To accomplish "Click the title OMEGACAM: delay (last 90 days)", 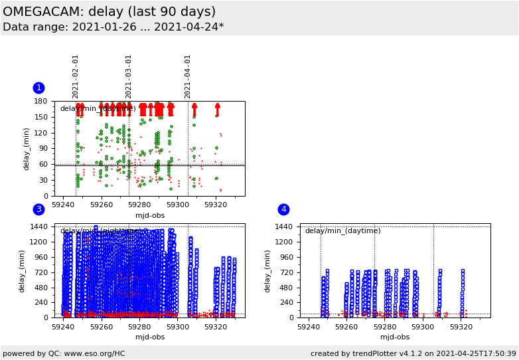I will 109,12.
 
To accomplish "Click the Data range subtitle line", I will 113,27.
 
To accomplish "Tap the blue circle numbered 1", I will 38,88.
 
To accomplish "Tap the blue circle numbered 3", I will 38,209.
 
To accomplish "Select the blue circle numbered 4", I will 283,209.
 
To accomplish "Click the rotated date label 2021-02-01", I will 76,76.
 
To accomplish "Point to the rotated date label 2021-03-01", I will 129,76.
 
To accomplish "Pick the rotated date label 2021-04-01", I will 188,76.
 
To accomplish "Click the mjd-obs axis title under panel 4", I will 395,337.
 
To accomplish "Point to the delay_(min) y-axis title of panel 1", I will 27,149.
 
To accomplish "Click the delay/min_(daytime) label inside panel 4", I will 342,230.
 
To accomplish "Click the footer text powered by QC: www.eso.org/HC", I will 64,353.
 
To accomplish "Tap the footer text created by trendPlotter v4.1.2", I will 413,353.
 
